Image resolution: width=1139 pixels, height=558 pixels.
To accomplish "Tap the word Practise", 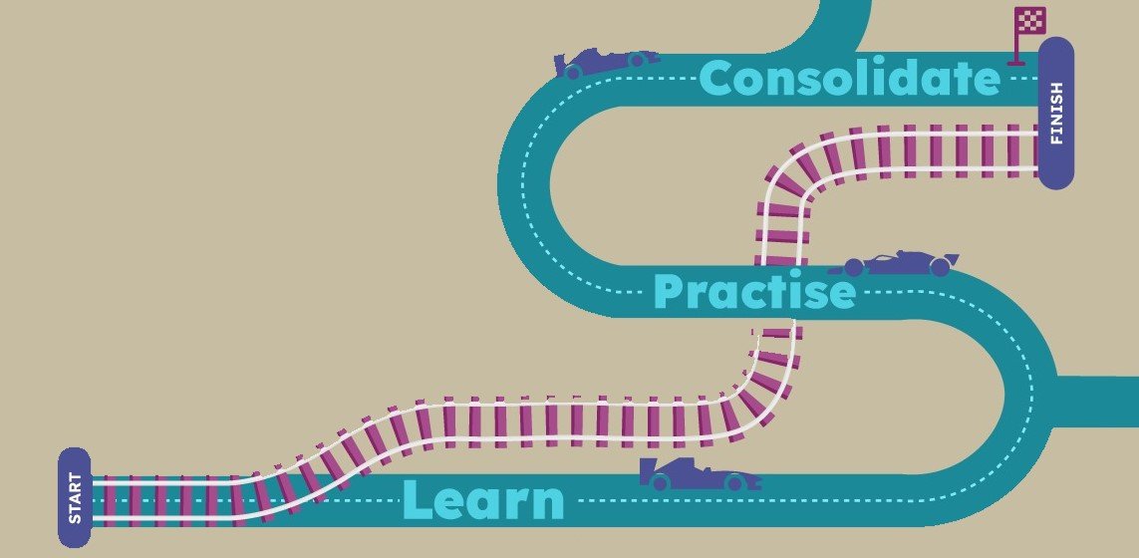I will [754, 292].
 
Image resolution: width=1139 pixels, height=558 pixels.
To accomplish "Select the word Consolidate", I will [849, 79].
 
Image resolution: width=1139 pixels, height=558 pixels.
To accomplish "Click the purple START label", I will [75, 497].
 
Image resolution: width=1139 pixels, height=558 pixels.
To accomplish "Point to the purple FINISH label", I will [1056, 113].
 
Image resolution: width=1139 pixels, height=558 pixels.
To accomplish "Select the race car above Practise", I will [893, 264].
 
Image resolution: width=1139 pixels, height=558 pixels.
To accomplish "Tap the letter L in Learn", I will [418, 500].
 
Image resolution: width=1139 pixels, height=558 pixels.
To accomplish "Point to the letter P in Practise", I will [670, 292].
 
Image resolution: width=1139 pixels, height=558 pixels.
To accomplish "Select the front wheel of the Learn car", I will [735, 482].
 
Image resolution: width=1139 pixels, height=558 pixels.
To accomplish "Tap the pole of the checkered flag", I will [1016, 45].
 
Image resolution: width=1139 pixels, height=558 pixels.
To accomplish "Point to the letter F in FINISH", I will [1056, 139].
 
